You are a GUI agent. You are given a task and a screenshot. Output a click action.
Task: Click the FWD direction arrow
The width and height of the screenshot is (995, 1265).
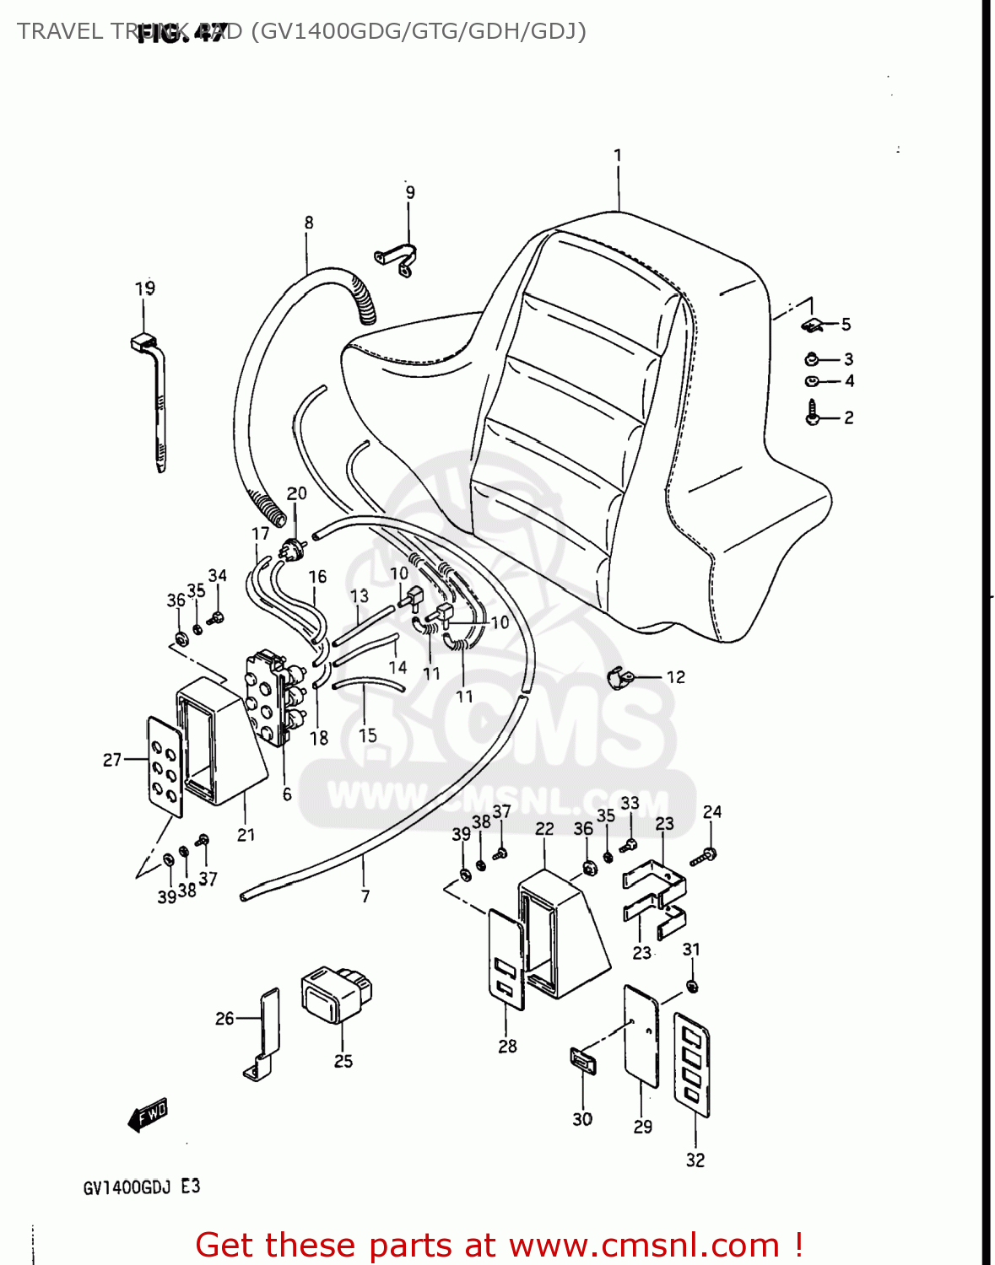148,1115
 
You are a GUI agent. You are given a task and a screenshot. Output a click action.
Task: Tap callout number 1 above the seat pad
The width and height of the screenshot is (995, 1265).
618,156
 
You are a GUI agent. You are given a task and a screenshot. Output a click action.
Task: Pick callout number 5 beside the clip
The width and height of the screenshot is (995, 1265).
846,325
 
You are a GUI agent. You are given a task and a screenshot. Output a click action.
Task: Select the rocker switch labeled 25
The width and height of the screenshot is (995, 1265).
336,993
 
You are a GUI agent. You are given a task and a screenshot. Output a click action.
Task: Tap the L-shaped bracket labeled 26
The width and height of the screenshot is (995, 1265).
266,1033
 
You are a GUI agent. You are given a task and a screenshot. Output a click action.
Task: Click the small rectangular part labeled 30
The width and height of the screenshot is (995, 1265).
582,1060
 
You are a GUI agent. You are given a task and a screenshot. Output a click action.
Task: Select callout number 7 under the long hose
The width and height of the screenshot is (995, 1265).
365,896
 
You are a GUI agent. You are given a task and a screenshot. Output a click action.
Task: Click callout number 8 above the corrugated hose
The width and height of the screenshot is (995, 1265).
309,223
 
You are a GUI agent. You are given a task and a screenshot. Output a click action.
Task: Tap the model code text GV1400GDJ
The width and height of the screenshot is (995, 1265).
127,1187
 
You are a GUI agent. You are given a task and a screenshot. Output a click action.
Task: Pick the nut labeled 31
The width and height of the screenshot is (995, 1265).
692,986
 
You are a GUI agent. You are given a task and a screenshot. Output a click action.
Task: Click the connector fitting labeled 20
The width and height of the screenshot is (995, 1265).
292,549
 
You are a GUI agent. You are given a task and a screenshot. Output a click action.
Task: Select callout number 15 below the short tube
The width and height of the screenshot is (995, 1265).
368,735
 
